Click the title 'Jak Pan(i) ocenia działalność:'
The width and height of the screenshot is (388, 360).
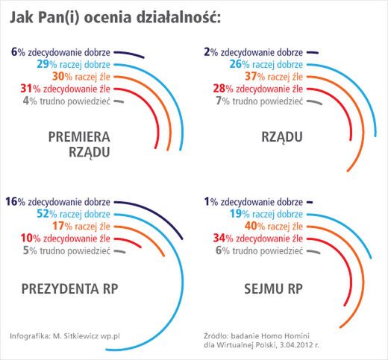(x=116, y=17)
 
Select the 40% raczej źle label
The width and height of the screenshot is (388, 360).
(x=264, y=226)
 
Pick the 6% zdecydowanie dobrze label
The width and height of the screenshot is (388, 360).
(x=63, y=52)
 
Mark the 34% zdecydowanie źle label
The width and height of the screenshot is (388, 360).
(x=256, y=238)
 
